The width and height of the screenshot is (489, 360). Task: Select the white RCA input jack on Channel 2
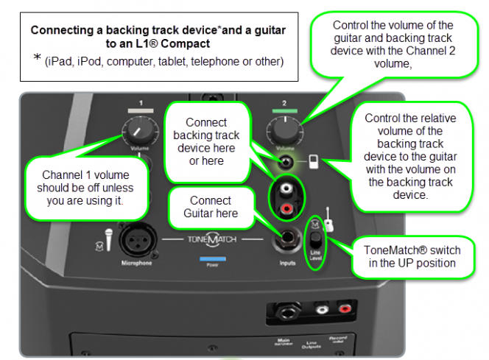tap(284, 189)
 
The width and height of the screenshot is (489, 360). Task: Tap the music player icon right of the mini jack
tap(313, 160)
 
